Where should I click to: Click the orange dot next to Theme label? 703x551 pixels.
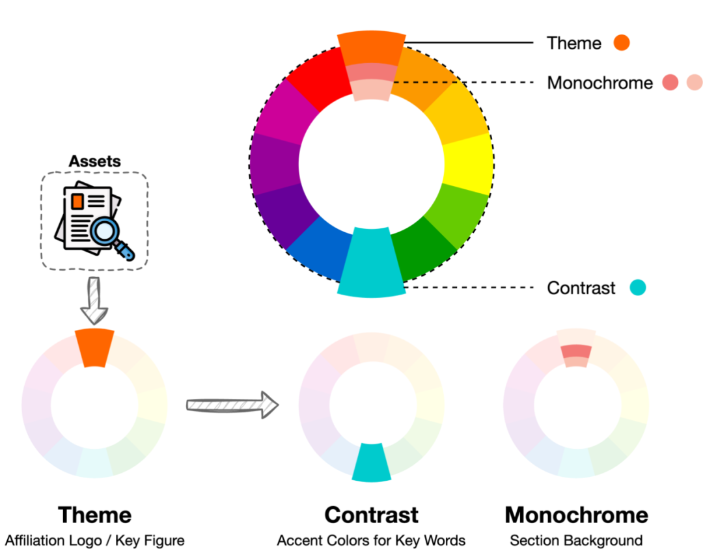[x=622, y=43]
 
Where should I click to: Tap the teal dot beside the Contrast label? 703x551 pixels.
[x=638, y=288]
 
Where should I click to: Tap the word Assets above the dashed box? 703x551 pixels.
[x=95, y=161]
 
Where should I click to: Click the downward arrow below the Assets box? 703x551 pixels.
[x=94, y=301]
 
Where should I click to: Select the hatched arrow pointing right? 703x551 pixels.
[x=232, y=405]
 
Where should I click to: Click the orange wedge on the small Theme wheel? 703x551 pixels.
[x=94, y=347]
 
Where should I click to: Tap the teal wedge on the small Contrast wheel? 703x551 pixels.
[x=371, y=463]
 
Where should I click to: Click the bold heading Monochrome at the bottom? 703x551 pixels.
[x=576, y=515]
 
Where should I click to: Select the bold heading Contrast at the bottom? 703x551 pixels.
[x=371, y=515]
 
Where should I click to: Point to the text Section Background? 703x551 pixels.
[x=576, y=540]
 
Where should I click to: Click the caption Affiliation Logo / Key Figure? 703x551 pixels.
[x=95, y=540]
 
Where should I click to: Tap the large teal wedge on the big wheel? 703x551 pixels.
[x=371, y=263]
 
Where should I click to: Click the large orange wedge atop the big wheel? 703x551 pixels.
[x=371, y=47]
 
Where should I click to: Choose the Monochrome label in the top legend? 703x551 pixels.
[x=600, y=83]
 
